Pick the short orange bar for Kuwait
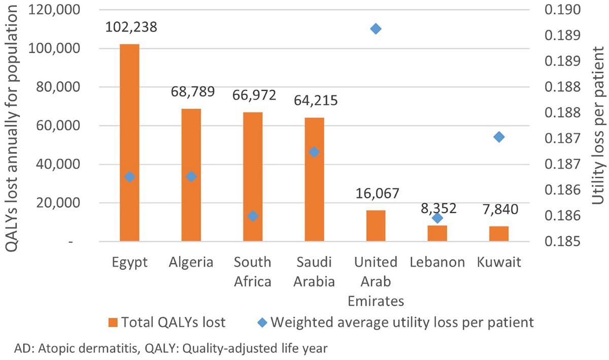499,234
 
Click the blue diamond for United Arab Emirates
376,29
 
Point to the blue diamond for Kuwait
499,137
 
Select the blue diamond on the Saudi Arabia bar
314,152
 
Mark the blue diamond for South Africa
253,216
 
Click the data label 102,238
131,27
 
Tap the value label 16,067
377,193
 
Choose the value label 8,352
437,208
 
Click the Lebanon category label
437,263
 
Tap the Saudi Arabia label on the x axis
314,272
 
